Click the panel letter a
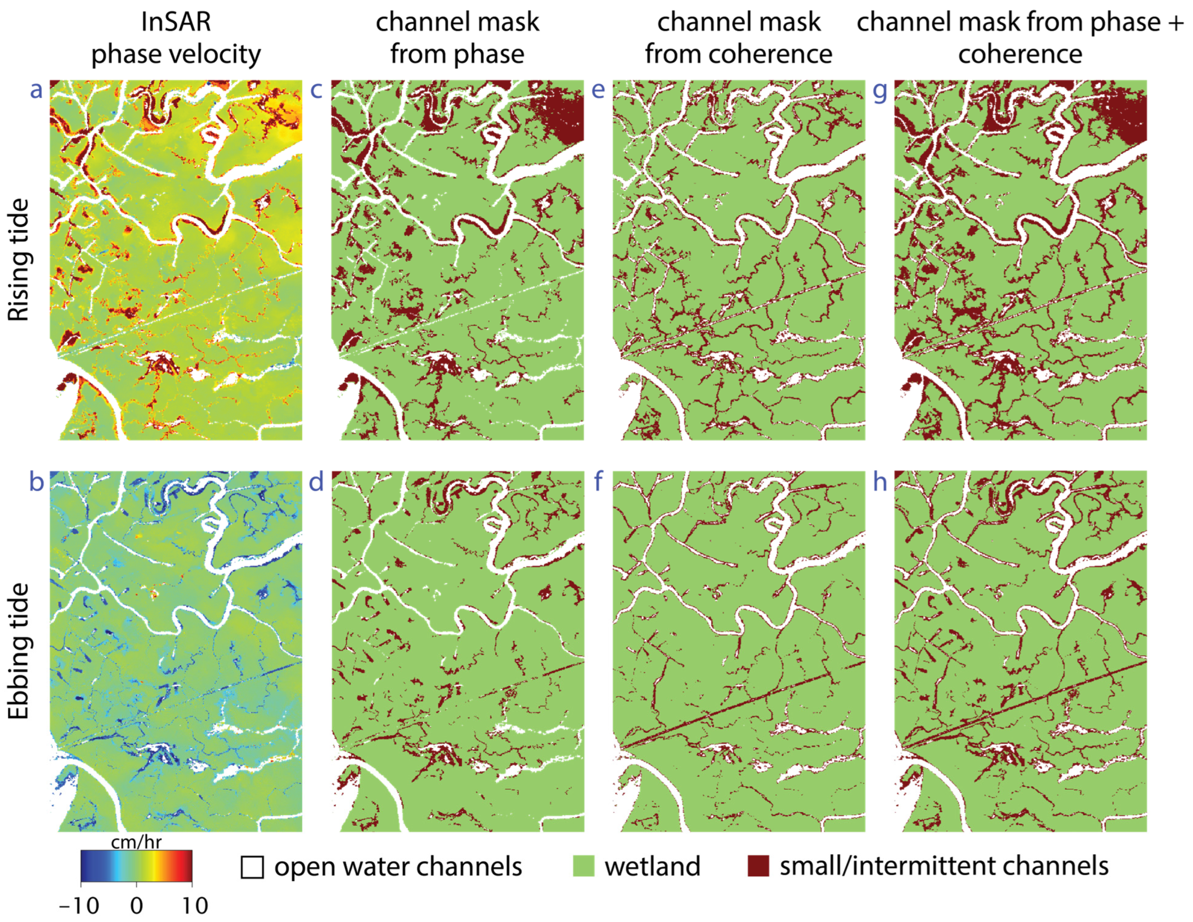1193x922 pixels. tap(36, 90)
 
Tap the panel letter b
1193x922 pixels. tap(36, 483)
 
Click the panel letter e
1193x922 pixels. tap(598, 90)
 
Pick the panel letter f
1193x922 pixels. tap(598, 483)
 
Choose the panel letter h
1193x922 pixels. tap(880, 483)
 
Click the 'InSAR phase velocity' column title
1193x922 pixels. tap(176, 38)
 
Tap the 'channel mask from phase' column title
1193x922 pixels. tap(457, 38)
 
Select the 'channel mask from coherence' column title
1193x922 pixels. tap(738, 38)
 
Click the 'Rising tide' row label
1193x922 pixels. tap(19, 260)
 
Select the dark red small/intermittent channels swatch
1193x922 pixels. tap(758, 866)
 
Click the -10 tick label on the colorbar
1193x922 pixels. tap(80, 906)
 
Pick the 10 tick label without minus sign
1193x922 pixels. tap(195, 906)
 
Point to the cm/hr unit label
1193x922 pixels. tap(136, 842)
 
